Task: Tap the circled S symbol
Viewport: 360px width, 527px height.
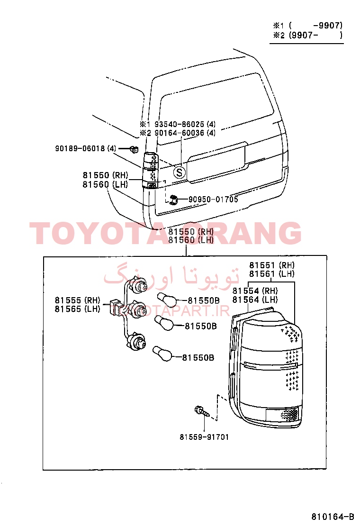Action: (x=180, y=173)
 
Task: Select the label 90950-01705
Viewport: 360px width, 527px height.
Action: (x=213, y=200)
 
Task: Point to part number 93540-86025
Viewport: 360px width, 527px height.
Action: (x=179, y=124)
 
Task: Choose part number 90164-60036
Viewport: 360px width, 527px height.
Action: (x=179, y=133)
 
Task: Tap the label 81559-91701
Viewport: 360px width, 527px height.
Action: (x=204, y=437)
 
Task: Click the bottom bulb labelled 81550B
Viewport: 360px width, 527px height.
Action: (x=162, y=354)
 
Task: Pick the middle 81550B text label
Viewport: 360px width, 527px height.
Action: (x=201, y=326)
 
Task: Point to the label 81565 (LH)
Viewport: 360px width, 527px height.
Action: (x=78, y=309)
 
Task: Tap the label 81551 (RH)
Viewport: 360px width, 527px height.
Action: (x=272, y=265)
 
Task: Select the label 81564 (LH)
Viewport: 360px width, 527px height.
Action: (x=255, y=300)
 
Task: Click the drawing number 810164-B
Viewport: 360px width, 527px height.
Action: (x=333, y=517)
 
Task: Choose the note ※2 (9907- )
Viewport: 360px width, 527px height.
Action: (x=307, y=35)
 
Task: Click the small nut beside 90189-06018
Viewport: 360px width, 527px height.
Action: (x=134, y=149)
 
